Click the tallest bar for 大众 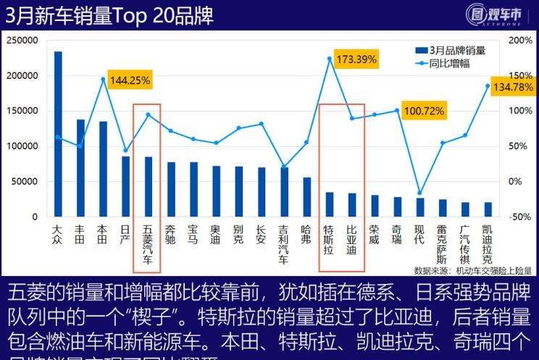point(58,134)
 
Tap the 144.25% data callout point(130,81)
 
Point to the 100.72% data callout point(425,112)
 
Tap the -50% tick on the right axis point(520,217)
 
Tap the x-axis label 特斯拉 point(328,239)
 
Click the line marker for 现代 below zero point(419,193)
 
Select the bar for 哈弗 point(306,197)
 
